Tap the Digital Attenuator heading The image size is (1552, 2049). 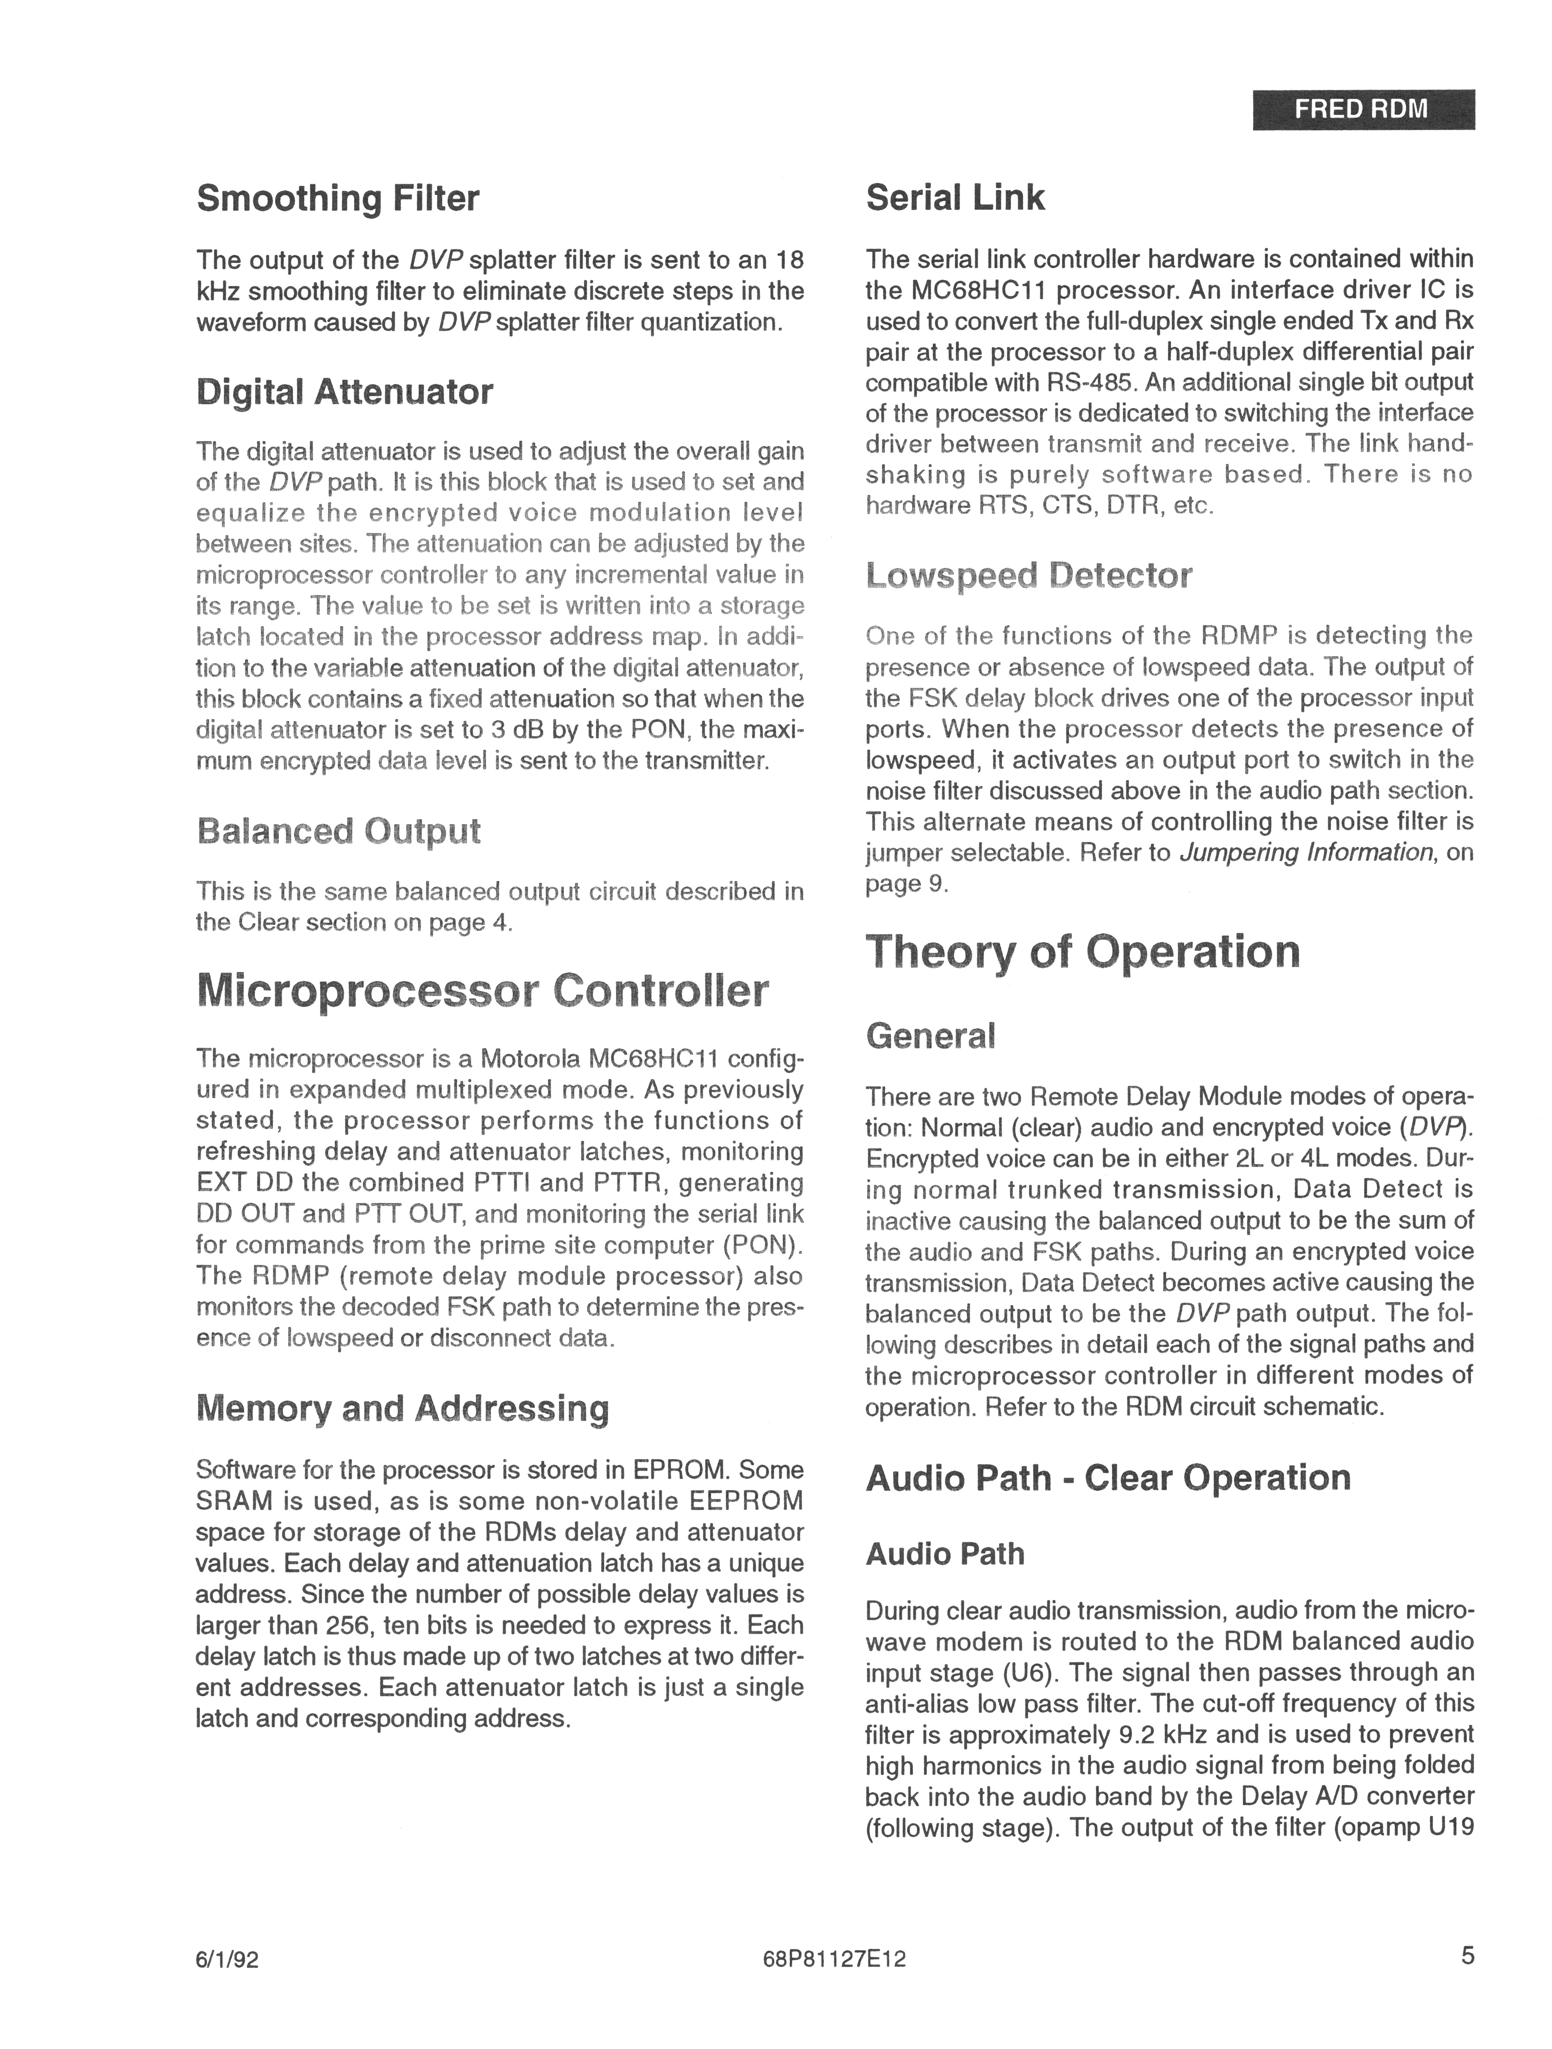tap(345, 392)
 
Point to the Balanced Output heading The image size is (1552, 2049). tap(338, 831)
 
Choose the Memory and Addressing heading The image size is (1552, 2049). tap(403, 1408)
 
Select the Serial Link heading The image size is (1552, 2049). tap(955, 197)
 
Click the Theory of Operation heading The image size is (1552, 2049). tap(1082, 951)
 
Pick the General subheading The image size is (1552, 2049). tap(930, 1035)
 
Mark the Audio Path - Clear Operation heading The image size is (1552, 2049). tap(1107, 1477)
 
